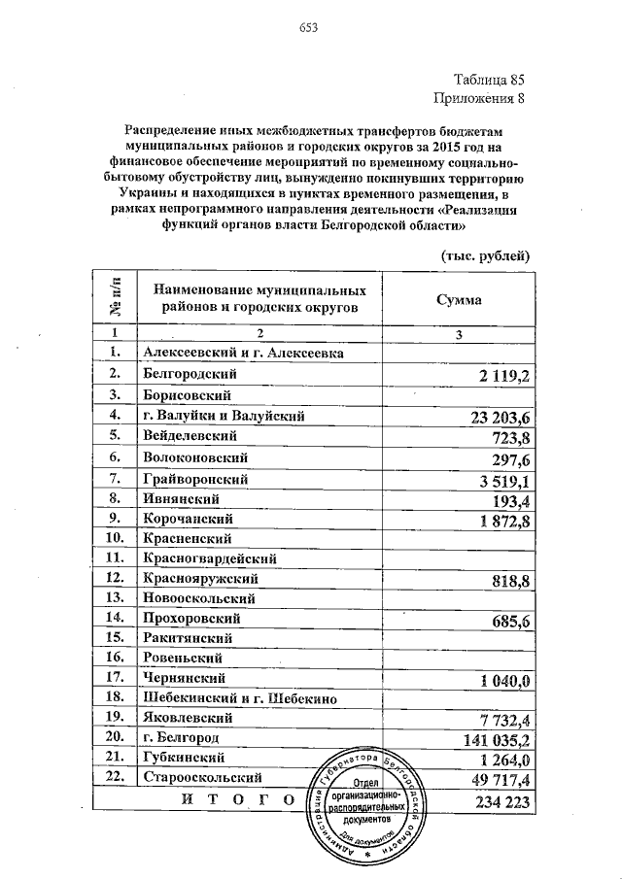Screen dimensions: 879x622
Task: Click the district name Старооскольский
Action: pos(204,778)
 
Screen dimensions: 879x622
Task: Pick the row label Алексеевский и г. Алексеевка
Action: pos(242,354)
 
